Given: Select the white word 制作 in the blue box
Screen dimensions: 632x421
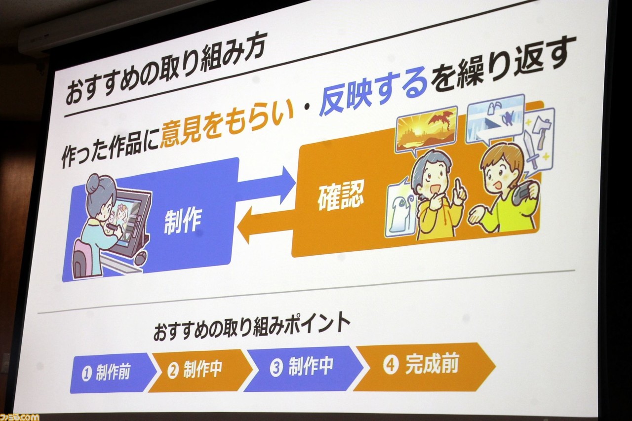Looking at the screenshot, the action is (x=183, y=222).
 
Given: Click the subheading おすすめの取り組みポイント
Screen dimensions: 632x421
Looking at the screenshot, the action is (x=252, y=328).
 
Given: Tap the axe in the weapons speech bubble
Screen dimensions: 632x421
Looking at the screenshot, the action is (x=540, y=132).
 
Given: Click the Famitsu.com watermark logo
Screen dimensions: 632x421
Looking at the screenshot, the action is (x=19, y=417).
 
